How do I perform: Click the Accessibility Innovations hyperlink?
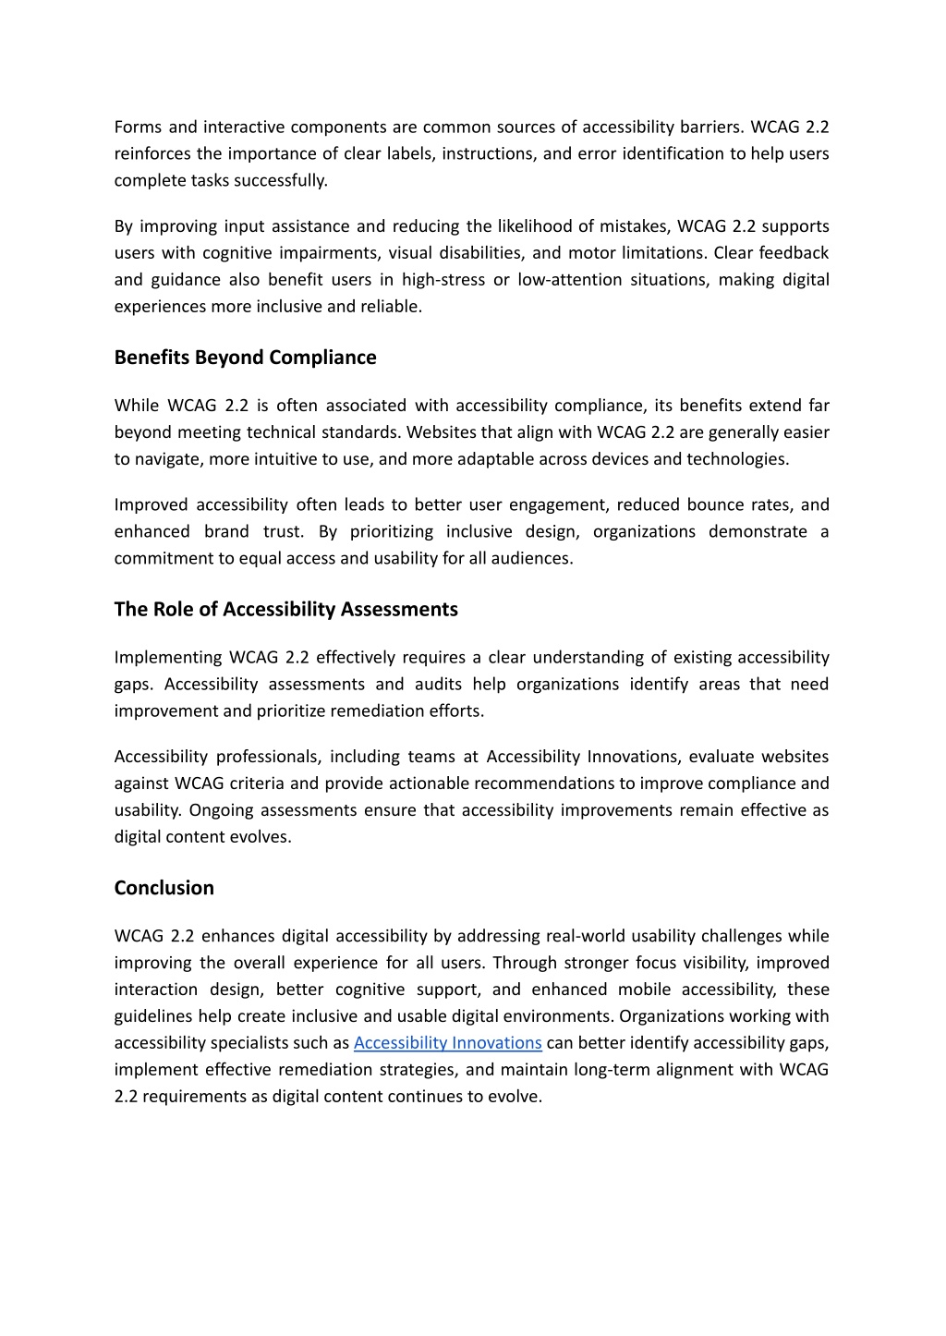(447, 1043)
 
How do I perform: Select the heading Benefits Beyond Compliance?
(245, 358)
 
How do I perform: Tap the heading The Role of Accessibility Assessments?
(285, 610)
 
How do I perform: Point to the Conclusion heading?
(164, 888)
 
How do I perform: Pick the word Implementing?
(166, 658)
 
